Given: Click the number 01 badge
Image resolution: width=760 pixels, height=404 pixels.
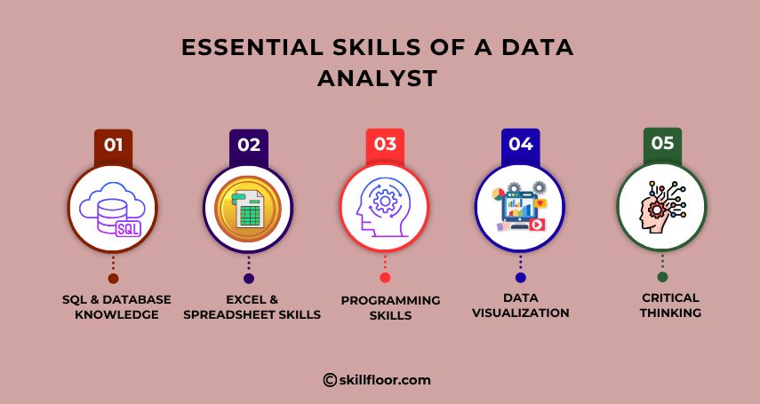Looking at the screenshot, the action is pyautogui.click(x=113, y=146).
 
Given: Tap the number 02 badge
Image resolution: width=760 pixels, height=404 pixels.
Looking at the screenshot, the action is pyautogui.click(x=249, y=146).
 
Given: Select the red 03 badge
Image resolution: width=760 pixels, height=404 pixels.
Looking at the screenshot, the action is pyautogui.click(x=385, y=145).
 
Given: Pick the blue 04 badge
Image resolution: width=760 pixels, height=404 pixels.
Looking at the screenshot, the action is pyautogui.click(x=521, y=145).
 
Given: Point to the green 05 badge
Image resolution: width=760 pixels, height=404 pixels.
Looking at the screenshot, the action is pyautogui.click(x=662, y=143).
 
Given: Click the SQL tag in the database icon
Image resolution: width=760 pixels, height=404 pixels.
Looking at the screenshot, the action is pyautogui.click(x=128, y=228).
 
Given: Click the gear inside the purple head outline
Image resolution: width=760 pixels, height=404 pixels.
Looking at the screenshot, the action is pyautogui.click(x=386, y=200).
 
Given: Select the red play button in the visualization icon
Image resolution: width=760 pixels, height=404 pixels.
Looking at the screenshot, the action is pyautogui.click(x=537, y=225).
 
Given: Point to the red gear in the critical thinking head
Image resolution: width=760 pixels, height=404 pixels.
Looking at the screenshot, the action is pyautogui.click(x=656, y=210).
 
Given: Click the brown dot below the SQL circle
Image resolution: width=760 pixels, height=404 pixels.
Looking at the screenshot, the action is pyautogui.click(x=113, y=278).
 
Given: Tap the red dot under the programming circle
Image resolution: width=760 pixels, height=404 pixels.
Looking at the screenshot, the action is pyautogui.click(x=385, y=278).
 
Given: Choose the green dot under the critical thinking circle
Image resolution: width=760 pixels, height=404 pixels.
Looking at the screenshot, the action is pyautogui.click(x=662, y=277).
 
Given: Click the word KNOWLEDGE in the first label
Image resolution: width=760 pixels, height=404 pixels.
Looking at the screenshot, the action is pyautogui.click(x=116, y=315).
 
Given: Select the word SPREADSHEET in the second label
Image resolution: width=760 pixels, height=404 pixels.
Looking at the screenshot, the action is pyautogui.click(x=223, y=315).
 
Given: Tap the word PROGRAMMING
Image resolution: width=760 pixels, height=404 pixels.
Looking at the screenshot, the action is pyautogui.click(x=390, y=300).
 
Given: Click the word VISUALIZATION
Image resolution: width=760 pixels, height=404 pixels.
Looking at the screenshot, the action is pyautogui.click(x=521, y=313).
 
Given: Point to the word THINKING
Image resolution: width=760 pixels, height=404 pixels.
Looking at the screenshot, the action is pyautogui.click(x=670, y=313).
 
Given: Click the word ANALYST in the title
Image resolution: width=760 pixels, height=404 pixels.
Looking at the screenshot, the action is pyautogui.click(x=378, y=78).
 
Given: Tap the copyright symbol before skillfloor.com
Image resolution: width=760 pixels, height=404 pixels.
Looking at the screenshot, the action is pyautogui.click(x=330, y=380).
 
